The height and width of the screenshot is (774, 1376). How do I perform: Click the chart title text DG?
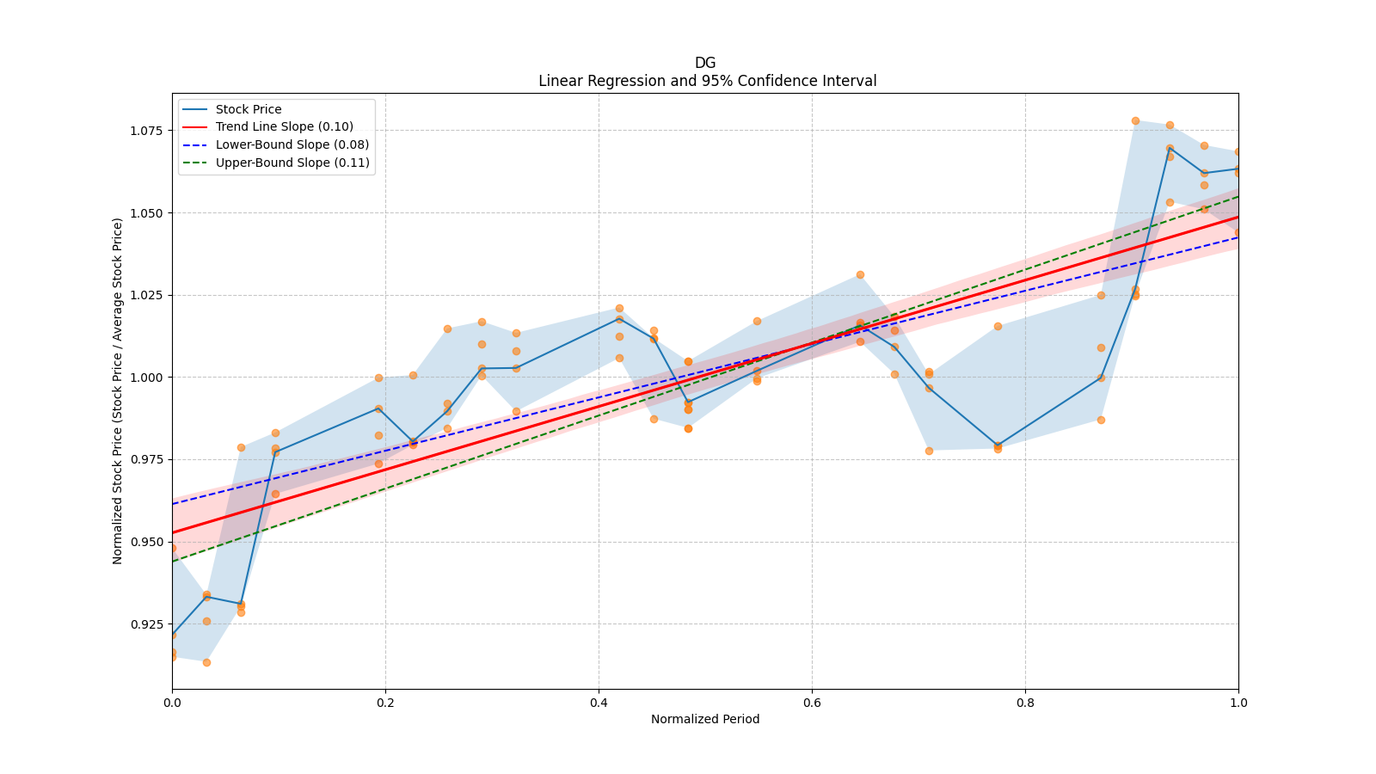(705, 63)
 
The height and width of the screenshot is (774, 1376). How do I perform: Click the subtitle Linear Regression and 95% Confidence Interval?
(707, 81)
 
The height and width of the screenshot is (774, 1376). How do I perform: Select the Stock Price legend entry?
(249, 109)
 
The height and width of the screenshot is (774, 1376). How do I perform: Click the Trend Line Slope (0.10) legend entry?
(284, 127)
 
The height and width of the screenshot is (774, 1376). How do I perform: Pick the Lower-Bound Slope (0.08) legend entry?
(292, 145)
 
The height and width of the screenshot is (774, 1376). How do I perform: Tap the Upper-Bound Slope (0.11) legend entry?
(292, 163)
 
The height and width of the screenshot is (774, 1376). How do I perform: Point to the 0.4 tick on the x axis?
(599, 703)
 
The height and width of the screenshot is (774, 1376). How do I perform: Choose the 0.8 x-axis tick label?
(1025, 703)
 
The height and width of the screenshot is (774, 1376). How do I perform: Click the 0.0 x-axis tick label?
(172, 703)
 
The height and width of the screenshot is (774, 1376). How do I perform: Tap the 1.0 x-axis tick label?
(1238, 703)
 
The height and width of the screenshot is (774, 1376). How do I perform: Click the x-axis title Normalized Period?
(705, 719)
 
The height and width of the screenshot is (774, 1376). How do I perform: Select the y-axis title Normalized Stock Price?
(118, 390)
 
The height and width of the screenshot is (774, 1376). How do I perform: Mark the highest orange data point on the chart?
(1135, 121)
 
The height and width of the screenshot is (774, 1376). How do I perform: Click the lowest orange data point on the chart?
(206, 662)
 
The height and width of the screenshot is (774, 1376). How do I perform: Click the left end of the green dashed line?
(173, 561)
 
